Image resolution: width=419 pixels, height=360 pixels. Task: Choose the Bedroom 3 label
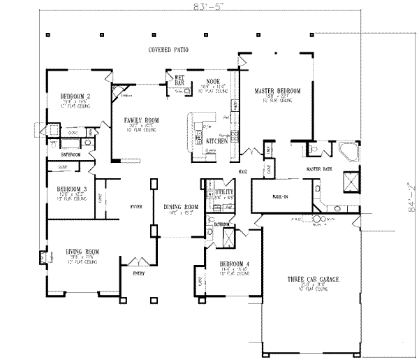point(68,189)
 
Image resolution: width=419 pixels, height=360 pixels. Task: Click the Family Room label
point(142,120)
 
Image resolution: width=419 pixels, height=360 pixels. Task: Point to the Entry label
point(139,274)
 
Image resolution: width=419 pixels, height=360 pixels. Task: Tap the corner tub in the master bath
point(346,152)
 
